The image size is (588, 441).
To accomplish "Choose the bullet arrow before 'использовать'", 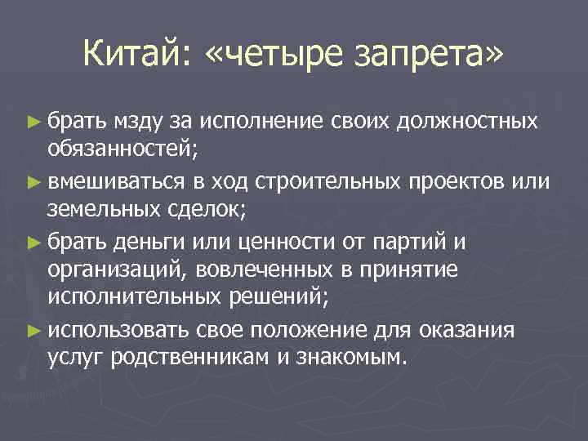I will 32,330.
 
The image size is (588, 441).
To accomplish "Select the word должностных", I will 468,122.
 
